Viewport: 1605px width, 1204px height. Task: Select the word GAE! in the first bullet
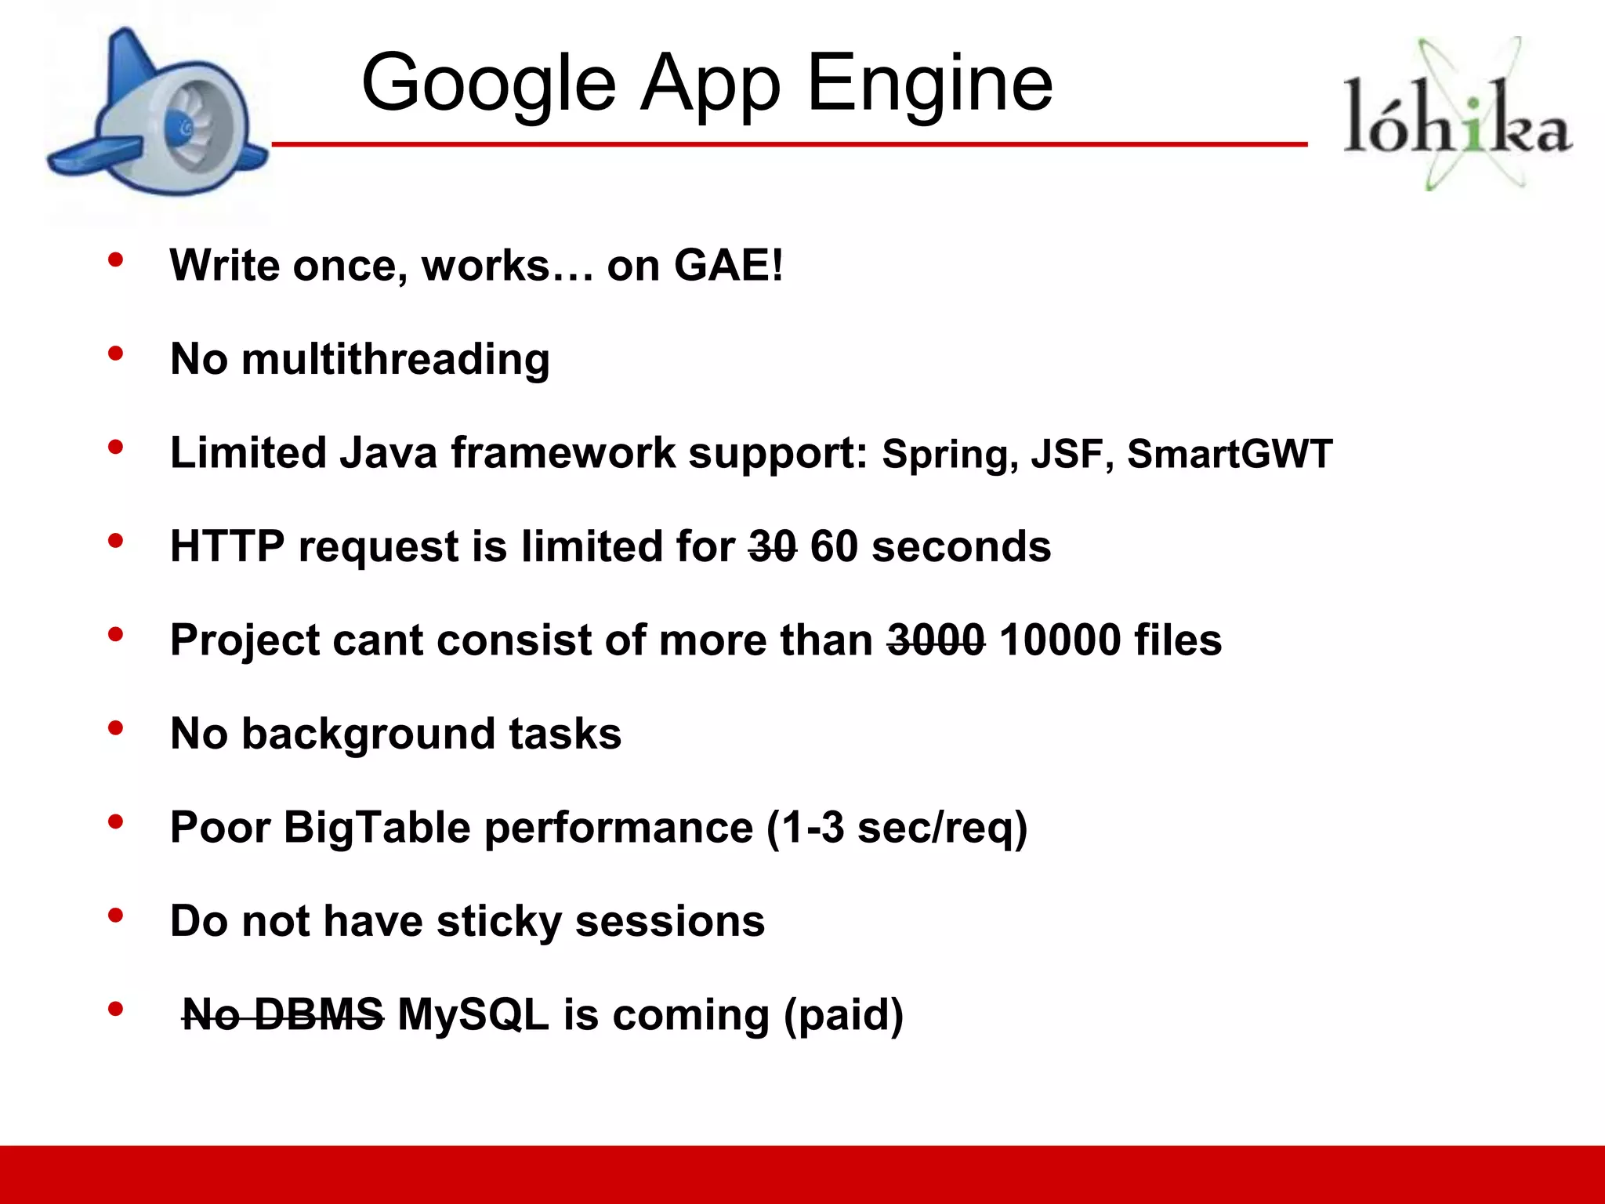coord(728,265)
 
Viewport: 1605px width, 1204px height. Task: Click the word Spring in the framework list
coord(945,455)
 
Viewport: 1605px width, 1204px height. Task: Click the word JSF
coord(1067,454)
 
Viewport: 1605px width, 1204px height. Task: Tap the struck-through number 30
coord(772,546)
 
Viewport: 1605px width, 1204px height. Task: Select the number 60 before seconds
coord(834,546)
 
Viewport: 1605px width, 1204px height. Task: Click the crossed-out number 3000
coord(936,640)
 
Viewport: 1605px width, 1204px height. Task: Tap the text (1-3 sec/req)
coord(897,829)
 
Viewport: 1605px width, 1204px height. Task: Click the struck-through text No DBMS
coord(283,1015)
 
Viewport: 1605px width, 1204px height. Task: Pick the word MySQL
coord(473,1015)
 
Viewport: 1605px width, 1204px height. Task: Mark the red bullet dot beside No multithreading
coord(116,354)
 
